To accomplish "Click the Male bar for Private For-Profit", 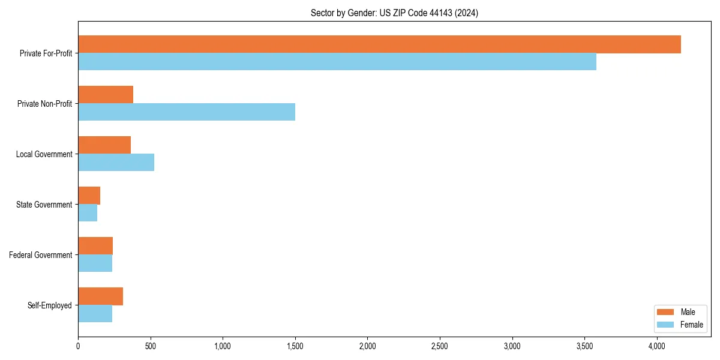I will pos(379,44).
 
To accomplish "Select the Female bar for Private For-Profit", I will pos(337,62).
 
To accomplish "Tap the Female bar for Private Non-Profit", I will pos(187,112).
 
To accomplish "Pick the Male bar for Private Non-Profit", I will pos(106,95).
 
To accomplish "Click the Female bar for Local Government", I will pos(116,163).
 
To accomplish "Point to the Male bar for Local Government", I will pos(104,145).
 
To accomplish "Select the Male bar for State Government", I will pos(89,196).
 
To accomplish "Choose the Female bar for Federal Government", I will pos(95,263).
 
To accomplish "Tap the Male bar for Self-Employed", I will pos(100,296).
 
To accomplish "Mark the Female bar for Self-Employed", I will pos(95,314).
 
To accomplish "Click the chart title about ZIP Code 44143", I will pos(394,13).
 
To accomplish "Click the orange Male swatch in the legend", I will pos(666,312).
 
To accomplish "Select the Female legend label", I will pos(691,325).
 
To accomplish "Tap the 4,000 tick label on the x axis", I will pos(657,346).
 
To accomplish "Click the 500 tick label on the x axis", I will pos(150,346).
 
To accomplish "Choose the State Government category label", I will pos(44,205).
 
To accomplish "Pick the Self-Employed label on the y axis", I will pos(49,305).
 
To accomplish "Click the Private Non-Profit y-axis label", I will pos(44,104).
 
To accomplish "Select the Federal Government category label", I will pos(41,255).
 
